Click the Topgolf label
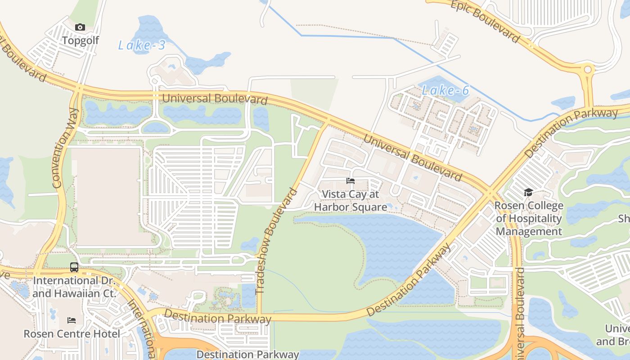coord(80,40)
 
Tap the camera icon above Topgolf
coord(80,27)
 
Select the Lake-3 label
coord(142,45)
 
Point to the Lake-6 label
coord(445,90)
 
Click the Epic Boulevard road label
coord(485,21)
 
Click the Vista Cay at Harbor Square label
coord(351,201)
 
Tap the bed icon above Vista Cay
coord(351,181)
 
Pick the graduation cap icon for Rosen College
coord(528,193)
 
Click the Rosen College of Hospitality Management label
coord(529,219)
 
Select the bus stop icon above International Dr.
coord(74,267)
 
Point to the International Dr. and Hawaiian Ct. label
coord(74,287)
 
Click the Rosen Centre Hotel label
coord(72,334)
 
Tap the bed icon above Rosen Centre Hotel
coord(72,320)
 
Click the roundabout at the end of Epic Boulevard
coord(588,70)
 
